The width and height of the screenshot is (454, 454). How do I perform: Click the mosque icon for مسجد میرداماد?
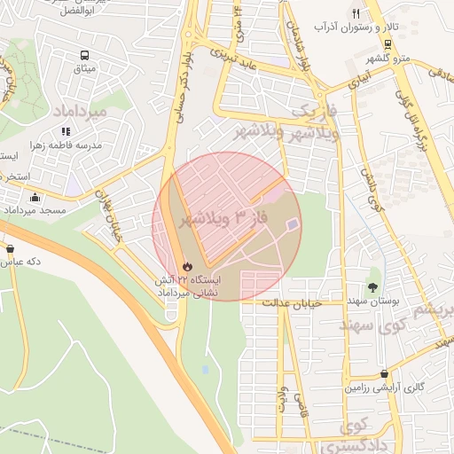tap(35, 198)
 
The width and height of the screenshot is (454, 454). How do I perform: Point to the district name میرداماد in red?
tap(80, 112)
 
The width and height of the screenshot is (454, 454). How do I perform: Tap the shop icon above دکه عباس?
tap(10, 248)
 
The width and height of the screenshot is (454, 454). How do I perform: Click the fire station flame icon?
tap(187, 265)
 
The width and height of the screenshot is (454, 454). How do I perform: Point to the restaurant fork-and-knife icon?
tap(356, 14)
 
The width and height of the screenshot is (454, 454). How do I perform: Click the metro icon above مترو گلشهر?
tap(387, 44)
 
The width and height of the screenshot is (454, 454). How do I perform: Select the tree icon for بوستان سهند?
tap(372, 286)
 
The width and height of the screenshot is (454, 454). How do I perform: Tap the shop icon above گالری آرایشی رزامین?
tap(383, 374)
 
